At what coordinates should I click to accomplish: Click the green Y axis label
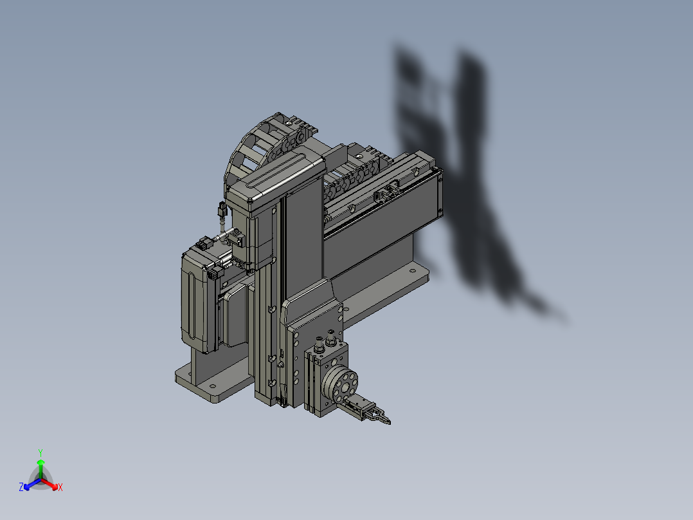pyautogui.click(x=40, y=452)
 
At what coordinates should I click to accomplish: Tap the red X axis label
pyautogui.click(x=60, y=487)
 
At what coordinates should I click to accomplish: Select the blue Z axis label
pyautogui.click(x=21, y=487)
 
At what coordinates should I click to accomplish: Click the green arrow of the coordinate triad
pyautogui.click(x=40, y=465)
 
